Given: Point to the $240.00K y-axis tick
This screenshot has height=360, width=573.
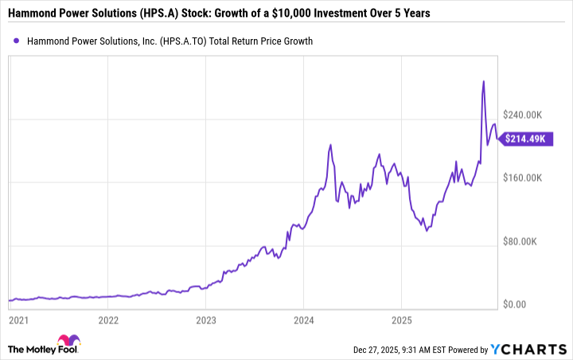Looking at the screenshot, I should (524, 114).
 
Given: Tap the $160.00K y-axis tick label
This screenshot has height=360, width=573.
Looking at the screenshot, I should (524, 178).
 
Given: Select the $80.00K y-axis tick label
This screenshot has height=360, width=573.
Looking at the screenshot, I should (521, 241).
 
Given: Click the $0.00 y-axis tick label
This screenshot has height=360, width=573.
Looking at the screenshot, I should (515, 304).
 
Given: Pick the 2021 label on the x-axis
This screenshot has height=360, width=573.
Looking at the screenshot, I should (18, 320).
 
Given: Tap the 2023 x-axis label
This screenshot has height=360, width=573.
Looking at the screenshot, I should (206, 320).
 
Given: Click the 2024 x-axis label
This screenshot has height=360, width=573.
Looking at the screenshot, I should (303, 320).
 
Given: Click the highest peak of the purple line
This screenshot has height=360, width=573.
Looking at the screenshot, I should (483, 81).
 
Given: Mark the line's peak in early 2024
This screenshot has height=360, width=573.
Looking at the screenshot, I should (330, 145).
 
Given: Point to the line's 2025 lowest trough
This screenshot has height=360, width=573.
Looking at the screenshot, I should (427, 231).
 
